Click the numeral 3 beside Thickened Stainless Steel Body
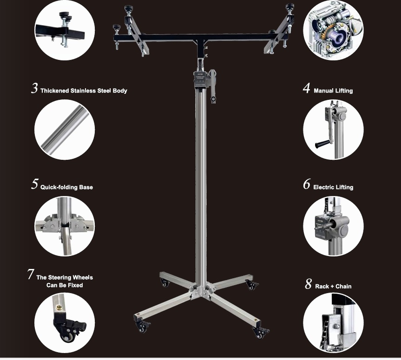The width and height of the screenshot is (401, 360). point(34,88)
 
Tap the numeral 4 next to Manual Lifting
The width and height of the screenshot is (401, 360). point(307,88)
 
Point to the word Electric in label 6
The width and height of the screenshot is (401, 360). point(323,187)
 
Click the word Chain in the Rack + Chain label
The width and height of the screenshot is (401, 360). point(343,286)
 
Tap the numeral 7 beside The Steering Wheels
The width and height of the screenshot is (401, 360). point(31,274)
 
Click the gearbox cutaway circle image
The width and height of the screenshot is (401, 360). point(333,31)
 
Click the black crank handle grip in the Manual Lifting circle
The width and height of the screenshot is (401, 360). point(323,144)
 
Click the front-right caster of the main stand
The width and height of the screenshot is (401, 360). point(261,333)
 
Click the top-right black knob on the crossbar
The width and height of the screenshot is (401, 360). point(290,7)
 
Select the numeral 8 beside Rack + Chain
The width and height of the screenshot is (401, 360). point(309,283)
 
